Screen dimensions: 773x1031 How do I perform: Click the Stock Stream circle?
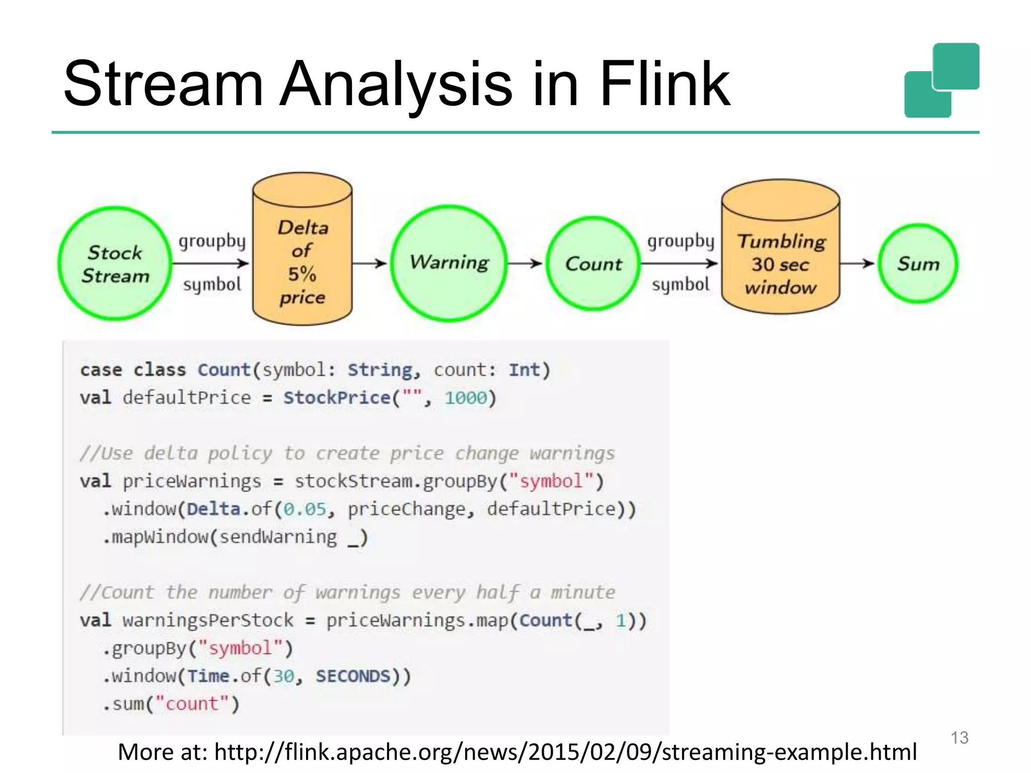[x=115, y=264]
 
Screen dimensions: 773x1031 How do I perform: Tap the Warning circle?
[x=449, y=263]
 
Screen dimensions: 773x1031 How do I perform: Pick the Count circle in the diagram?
[x=594, y=264]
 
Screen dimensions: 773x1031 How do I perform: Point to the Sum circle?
[x=918, y=264]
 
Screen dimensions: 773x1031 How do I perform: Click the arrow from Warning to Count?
[x=525, y=263]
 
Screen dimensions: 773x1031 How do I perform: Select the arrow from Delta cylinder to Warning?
[x=370, y=263]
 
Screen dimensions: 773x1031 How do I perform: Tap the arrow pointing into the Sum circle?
[x=858, y=263]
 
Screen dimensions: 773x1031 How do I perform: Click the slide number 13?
[x=960, y=738]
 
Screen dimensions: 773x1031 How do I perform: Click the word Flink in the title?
[x=664, y=84]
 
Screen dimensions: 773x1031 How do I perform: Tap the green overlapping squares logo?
[x=942, y=81]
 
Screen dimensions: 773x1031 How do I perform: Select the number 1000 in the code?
[x=466, y=398]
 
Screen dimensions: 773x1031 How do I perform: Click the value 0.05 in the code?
[x=305, y=509]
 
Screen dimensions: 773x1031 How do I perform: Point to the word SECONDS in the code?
[x=353, y=676]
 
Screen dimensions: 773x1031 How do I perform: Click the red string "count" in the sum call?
[x=192, y=704]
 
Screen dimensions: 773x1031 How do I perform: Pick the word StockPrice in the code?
[x=337, y=398]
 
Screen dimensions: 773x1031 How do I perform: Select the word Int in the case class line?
[x=524, y=370]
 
